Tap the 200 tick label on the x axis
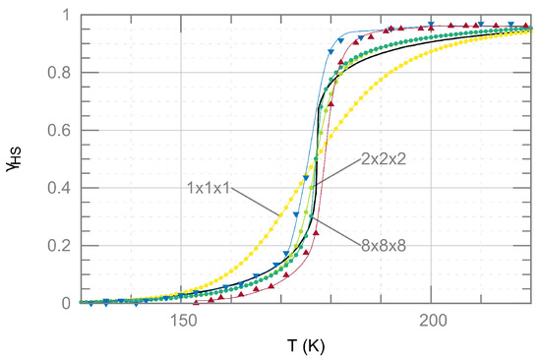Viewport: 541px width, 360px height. pyautogui.click(x=431, y=322)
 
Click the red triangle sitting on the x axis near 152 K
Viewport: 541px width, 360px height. pyautogui.click(x=195, y=302)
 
